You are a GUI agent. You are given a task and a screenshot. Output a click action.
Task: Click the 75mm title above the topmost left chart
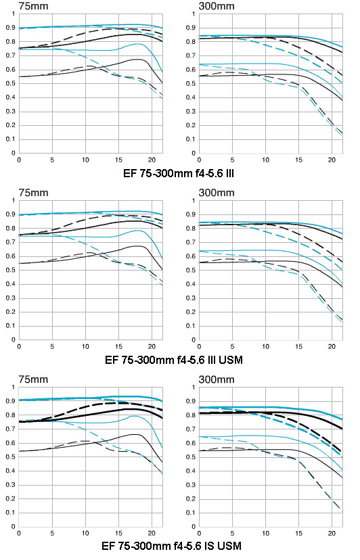pos(33,6)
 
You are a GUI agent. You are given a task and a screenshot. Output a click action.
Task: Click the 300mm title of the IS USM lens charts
pos(217,379)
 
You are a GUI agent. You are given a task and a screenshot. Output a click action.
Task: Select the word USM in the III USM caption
pos(231,360)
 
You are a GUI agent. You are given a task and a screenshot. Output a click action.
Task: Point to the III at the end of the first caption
pos(229,173)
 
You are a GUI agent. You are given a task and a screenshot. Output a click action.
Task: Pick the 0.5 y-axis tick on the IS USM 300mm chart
pos(192,457)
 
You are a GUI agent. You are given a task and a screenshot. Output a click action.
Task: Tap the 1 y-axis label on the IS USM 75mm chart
pos(14,387)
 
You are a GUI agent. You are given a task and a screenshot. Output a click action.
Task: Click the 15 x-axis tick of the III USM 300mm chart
pos(298,346)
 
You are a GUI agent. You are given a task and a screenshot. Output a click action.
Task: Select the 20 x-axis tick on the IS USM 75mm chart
pos(152,533)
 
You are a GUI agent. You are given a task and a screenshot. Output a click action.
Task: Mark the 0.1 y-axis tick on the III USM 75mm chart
pos(11,326)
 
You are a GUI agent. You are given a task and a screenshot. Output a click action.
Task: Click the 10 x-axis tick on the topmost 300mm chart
pos(266,160)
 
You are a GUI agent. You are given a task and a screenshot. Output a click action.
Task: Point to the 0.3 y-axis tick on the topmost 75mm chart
pos(11,112)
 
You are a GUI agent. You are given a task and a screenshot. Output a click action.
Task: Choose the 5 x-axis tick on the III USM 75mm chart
pos(52,346)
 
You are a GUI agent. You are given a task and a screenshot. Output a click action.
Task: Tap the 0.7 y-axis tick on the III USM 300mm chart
pos(192,242)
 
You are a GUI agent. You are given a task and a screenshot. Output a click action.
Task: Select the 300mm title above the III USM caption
pos(217,193)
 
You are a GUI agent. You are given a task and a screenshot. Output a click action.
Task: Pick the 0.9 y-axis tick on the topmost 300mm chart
pos(192,28)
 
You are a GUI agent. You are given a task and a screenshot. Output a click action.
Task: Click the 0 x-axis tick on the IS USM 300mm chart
pos(199,533)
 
